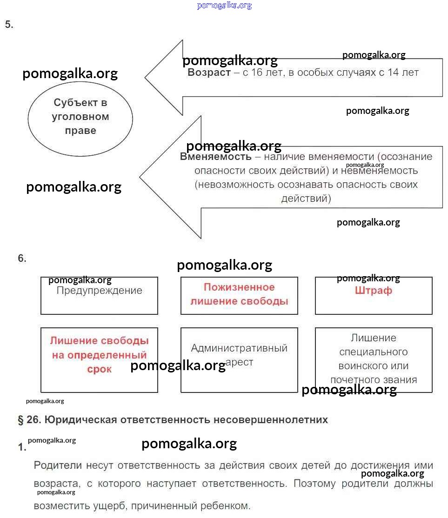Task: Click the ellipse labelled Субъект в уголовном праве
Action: [x=80, y=117]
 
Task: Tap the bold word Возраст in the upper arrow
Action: [x=209, y=73]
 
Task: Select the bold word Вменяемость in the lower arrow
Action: [x=215, y=157]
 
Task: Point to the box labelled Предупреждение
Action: [x=99, y=296]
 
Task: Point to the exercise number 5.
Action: [x=9, y=25]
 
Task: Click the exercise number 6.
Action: [x=22, y=259]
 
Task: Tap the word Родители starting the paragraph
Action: [x=58, y=465]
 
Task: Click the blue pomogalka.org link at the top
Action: [x=224, y=6]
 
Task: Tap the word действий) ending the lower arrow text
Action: [x=306, y=199]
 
